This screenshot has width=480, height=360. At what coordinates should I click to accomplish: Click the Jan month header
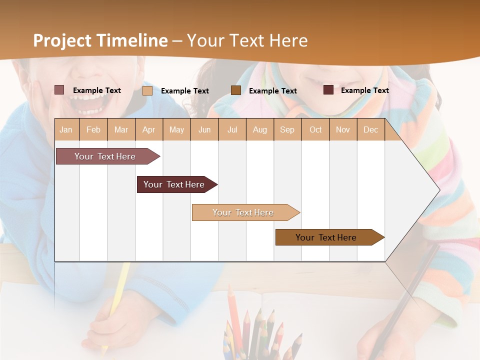66,130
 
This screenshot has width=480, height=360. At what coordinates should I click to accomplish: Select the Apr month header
148,130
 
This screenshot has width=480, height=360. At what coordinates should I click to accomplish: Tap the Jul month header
232,130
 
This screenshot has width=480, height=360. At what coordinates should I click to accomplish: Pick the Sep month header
287,130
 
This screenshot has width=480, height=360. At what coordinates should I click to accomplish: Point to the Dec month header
370,130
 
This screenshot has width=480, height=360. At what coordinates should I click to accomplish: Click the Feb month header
93,130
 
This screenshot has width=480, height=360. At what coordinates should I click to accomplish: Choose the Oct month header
315,130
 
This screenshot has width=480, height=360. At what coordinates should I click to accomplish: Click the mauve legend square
59,90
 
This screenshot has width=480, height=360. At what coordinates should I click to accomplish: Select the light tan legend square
147,90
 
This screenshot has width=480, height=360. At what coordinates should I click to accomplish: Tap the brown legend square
235,90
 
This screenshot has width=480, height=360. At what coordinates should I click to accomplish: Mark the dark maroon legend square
328,90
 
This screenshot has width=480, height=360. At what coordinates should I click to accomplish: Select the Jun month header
204,130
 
